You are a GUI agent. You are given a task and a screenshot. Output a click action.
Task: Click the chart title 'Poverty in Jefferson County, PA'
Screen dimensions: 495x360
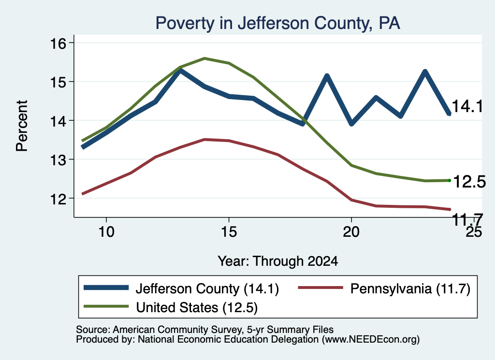tap(277, 23)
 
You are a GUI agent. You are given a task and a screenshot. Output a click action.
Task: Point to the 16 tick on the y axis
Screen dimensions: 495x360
tap(72, 43)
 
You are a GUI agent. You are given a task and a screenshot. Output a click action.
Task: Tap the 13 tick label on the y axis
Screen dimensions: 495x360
tap(58, 159)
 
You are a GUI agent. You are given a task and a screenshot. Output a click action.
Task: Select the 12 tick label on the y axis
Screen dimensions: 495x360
tap(58, 199)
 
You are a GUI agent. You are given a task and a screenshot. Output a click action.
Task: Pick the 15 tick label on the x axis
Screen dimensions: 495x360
tap(229, 232)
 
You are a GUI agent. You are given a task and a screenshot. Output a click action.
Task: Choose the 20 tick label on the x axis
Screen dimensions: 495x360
tap(351, 232)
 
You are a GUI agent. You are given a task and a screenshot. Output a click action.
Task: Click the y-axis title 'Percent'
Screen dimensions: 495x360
tap(22, 126)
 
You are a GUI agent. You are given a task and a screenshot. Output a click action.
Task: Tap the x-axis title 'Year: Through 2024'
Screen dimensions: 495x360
tap(278, 261)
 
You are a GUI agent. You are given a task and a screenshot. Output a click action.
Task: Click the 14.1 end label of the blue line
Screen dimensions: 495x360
tap(467, 106)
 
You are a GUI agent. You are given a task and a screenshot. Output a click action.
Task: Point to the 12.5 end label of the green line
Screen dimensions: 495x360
tap(469, 182)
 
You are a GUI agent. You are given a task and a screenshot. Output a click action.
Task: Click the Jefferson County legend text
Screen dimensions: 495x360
tap(207, 288)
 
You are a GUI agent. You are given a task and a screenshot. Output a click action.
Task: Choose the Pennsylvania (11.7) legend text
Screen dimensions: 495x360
tap(410, 288)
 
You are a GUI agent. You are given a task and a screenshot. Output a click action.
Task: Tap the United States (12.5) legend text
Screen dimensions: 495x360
tap(197, 307)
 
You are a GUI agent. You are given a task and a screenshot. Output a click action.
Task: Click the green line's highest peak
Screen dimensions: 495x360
tap(204, 58)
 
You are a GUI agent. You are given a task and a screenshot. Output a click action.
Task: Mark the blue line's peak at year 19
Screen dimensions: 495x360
tap(327, 76)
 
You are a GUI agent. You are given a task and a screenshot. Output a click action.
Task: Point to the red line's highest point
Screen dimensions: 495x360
tap(204, 139)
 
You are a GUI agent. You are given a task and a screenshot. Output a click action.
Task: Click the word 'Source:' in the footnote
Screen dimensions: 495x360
tap(93, 330)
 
